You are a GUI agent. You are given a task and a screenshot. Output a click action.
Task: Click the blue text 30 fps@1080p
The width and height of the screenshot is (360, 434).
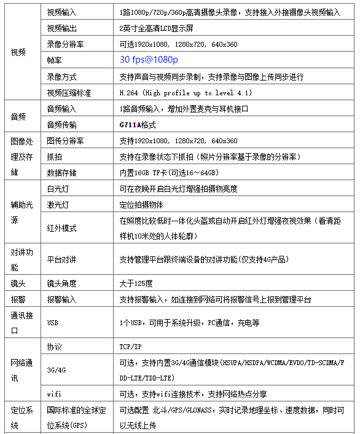[x=149, y=60]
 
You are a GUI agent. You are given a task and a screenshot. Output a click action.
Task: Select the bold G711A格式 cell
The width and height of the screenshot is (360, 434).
[x=138, y=125]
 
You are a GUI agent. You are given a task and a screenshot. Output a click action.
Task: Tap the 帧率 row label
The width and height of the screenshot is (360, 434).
[x=55, y=60]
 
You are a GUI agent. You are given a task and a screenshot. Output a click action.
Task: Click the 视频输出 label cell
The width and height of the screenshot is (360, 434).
[x=62, y=28]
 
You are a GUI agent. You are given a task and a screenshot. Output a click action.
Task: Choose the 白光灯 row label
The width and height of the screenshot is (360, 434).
[x=58, y=188]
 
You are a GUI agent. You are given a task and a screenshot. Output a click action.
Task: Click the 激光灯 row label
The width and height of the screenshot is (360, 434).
[x=58, y=204]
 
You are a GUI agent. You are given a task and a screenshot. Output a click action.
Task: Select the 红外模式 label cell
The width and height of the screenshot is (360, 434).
[x=62, y=228]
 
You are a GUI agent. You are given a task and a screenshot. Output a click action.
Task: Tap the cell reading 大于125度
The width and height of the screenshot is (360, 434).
[x=136, y=283]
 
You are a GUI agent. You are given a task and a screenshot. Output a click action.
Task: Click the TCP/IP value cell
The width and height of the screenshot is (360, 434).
[x=130, y=347]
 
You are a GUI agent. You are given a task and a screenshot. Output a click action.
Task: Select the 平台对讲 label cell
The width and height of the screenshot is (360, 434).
[x=62, y=259]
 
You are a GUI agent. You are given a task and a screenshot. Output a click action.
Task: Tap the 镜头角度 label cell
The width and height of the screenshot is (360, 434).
[x=62, y=283]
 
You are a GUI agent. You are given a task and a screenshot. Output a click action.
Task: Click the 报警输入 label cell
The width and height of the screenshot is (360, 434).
[x=62, y=299]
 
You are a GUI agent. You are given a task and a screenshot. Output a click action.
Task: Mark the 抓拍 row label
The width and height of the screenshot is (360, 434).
[x=55, y=157]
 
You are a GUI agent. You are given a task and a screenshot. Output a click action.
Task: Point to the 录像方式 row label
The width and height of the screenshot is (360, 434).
[x=62, y=76]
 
